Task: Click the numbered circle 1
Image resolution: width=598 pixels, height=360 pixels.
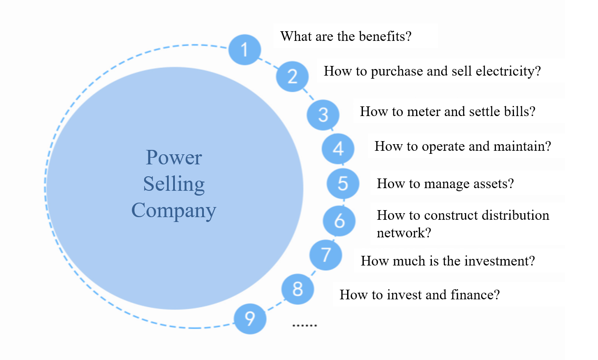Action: (245, 49)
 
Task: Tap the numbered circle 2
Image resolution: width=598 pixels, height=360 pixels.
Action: (292, 76)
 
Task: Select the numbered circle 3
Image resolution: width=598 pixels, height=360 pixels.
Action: (323, 115)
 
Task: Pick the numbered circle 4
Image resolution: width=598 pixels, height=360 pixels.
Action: (338, 149)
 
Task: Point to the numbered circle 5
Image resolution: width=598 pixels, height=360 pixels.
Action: (343, 183)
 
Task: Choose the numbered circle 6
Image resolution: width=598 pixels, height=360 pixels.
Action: (339, 221)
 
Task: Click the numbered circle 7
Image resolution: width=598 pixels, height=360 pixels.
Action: (326, 255)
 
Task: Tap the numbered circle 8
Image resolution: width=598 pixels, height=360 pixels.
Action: (297, 289)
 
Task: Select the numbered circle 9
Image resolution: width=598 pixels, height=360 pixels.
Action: (250, 318)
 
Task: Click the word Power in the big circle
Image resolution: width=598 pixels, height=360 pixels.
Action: (174, 157)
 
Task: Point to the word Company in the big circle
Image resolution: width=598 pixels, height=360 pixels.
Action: (174, 210)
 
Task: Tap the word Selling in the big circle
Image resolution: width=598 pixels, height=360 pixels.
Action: (174, 184)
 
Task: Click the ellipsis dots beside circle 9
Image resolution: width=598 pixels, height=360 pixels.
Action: (304, 326)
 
